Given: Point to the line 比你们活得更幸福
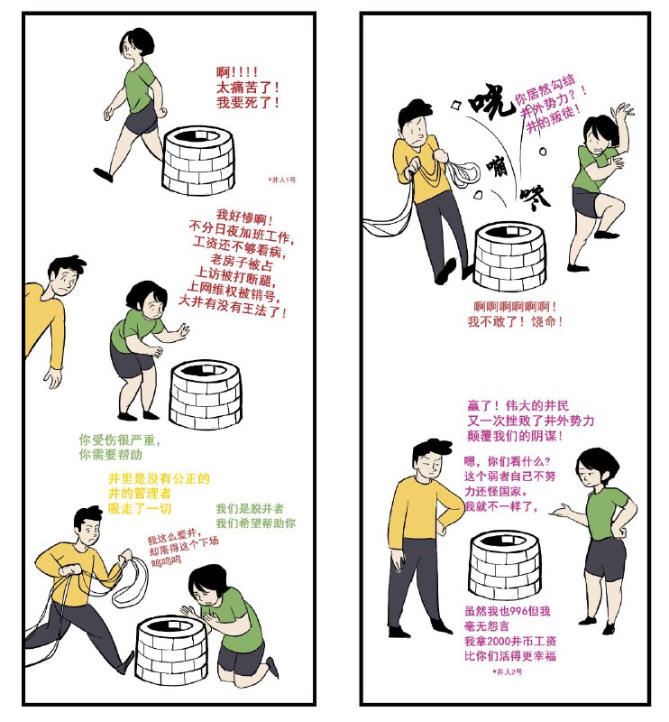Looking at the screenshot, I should pyautogui.click(x=509, y=656).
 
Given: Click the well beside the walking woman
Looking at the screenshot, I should pyautogui.click(x=197, y=154).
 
